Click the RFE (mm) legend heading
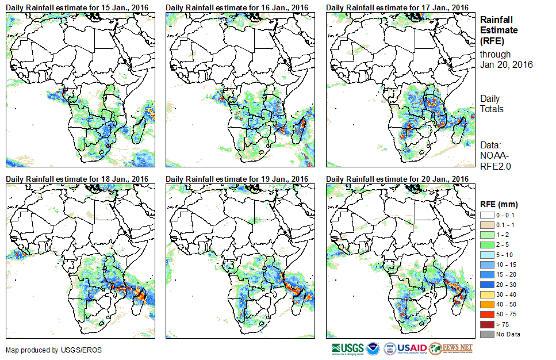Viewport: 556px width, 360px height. (x=499, y=204)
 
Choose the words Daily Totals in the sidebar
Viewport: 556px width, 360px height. (x=492, y=104)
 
